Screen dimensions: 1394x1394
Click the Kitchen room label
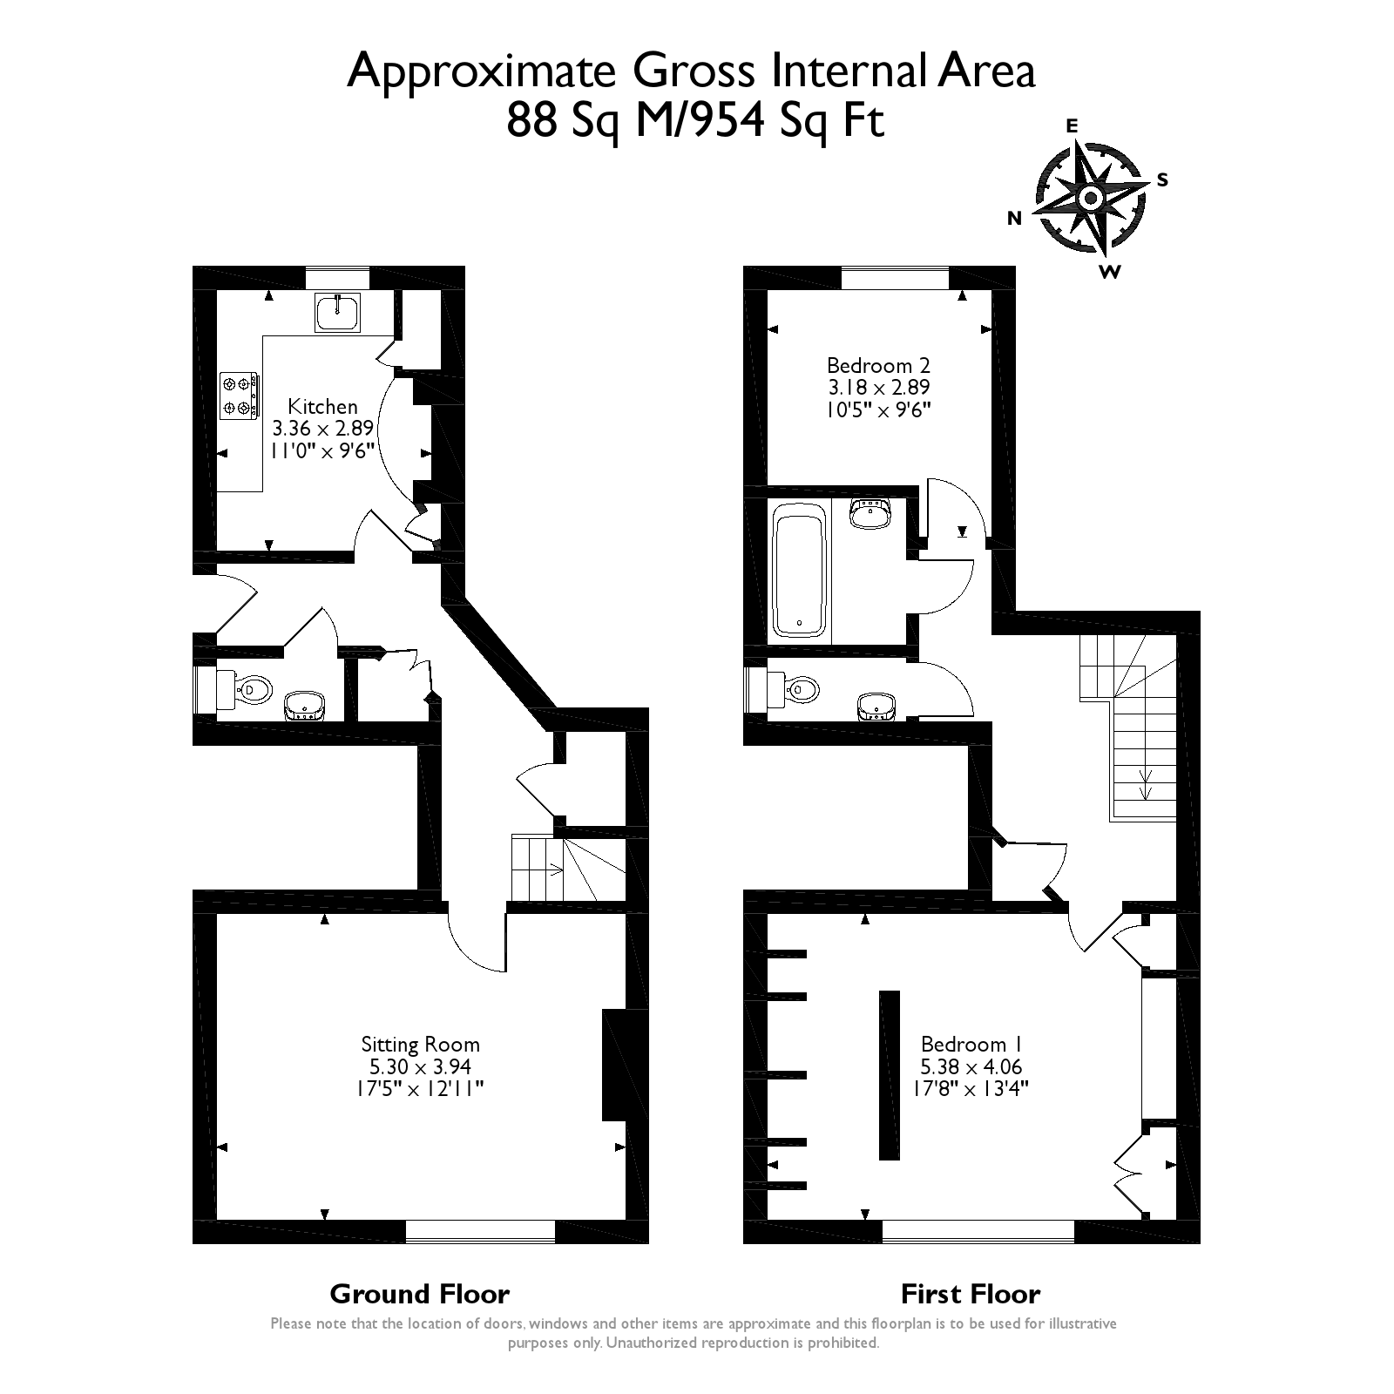point(322,406)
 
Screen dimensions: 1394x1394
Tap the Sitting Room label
point(421,1044)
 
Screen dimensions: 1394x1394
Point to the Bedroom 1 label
point(971,1044)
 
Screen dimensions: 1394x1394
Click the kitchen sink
point(337,312)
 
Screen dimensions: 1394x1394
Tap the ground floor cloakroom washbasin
point(304,705)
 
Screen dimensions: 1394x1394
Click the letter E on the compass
point(1073,126)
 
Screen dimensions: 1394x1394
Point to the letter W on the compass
point(1109,272)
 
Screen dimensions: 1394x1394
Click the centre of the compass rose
point(1090,199)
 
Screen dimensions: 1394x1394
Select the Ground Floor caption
point(420,1294)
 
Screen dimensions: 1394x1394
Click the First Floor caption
point(971,1294)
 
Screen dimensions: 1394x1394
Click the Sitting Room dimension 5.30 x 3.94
point(421,1066)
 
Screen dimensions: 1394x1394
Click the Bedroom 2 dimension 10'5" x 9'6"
point(879,409)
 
